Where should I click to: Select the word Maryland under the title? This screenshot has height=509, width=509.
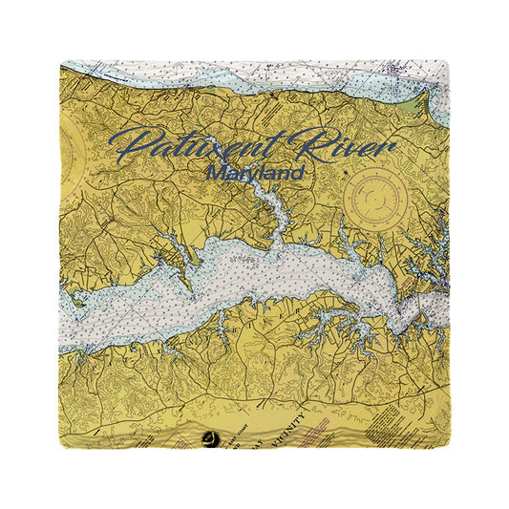(255, 175)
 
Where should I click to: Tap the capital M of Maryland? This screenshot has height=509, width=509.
(216, 175)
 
